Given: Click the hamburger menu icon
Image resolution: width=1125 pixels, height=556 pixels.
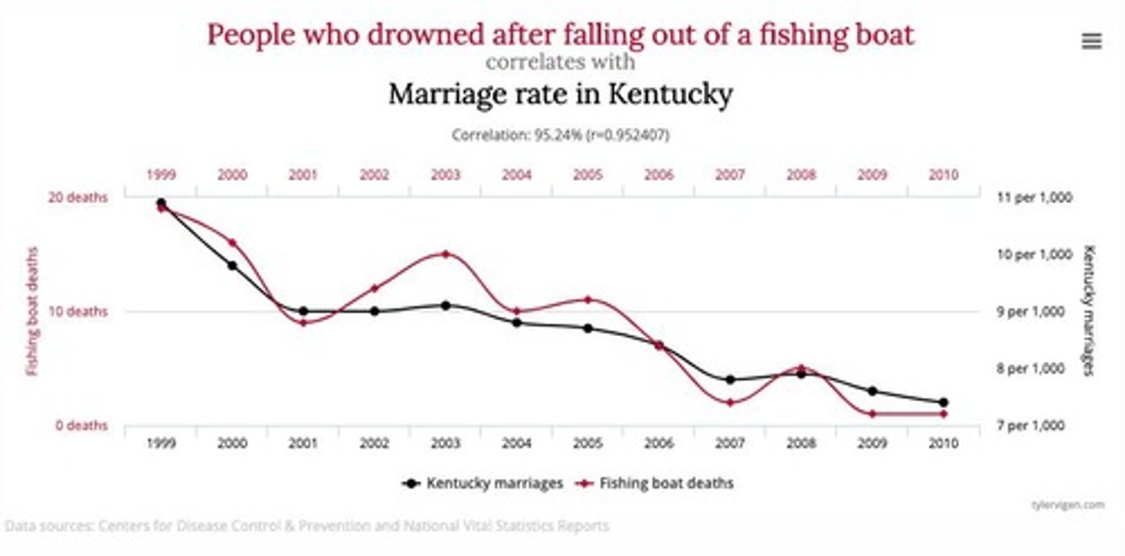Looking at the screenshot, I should pos(1091,41).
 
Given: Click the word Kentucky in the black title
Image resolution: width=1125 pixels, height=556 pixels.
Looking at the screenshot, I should pos(670,95).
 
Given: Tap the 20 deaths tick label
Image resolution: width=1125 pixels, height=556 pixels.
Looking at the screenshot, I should pos(77,197).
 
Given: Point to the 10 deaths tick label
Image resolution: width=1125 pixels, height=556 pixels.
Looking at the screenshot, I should pos(77,311).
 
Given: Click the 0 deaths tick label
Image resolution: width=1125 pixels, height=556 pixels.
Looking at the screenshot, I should pos(80,425).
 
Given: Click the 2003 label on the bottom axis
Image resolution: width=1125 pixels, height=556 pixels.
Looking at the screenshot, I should pos(445,443).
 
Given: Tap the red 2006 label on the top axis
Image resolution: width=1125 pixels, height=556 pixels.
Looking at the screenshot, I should pos(659,175).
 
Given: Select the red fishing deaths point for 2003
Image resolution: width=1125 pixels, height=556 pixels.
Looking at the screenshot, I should pos(445,254).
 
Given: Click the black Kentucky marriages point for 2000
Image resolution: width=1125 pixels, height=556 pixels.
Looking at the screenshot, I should pos(232,265).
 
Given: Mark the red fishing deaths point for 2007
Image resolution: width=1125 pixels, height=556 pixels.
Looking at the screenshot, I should pos(730,403).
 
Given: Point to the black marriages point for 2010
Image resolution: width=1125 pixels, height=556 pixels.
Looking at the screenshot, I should pos(943,402).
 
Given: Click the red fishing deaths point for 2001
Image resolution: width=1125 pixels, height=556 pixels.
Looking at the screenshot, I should pos(303,322).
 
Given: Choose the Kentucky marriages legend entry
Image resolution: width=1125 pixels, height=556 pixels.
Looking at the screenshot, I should pos(484,483).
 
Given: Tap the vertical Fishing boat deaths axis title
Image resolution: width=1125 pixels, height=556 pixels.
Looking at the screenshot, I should pos(33,311).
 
